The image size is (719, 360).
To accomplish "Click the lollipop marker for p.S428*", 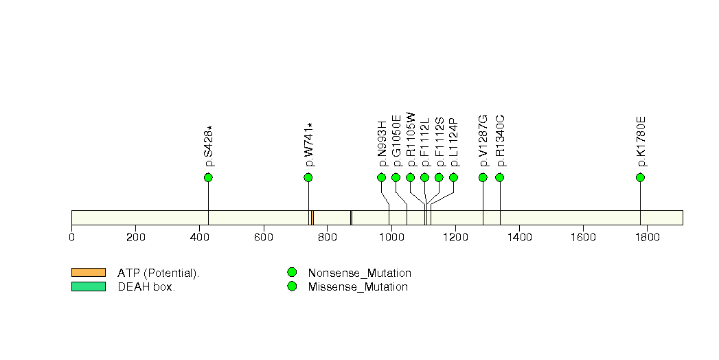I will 208,178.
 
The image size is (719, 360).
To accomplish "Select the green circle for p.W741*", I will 308,178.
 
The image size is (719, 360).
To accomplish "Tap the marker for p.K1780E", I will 640,178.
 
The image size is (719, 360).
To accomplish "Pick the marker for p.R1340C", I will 499,178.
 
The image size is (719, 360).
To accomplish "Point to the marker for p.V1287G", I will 483,178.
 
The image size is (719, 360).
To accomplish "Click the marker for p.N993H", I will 382,178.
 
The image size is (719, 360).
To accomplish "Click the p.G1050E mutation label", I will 396,142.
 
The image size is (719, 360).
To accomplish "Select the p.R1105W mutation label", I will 411,139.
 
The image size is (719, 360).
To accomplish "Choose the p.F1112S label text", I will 440,142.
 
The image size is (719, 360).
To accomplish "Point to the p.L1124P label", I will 454,142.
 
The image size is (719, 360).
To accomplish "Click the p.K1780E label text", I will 641,142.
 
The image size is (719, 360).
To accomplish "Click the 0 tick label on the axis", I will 71,238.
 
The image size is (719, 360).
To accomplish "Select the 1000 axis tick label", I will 391,238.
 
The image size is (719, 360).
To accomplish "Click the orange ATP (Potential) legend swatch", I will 88,273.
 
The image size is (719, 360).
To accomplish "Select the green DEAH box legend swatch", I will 88,286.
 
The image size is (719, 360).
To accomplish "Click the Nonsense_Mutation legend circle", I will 292,273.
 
